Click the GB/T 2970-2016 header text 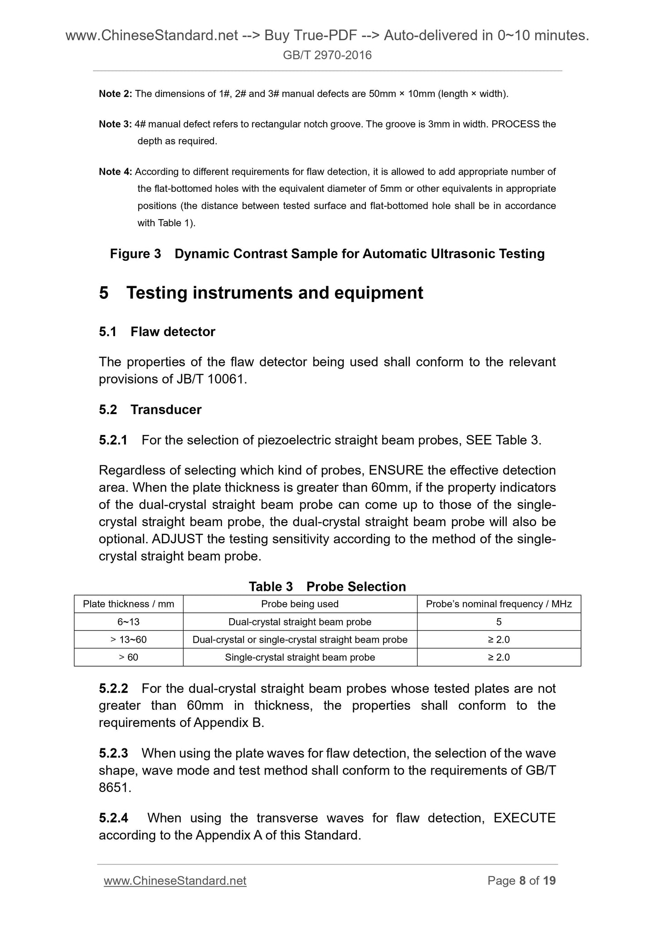327,55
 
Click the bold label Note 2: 115,94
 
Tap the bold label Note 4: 115,172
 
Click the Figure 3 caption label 135,254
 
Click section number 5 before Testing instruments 104,293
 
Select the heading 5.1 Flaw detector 157,332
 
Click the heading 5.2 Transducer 150,410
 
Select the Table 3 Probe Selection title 327,586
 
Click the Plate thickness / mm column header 128,604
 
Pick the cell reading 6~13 128,622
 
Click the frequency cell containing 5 499,622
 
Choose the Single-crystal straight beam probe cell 300,657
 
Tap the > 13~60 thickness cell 128,639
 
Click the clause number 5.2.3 113,753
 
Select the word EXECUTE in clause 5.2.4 524,818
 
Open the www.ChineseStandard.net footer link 175,880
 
